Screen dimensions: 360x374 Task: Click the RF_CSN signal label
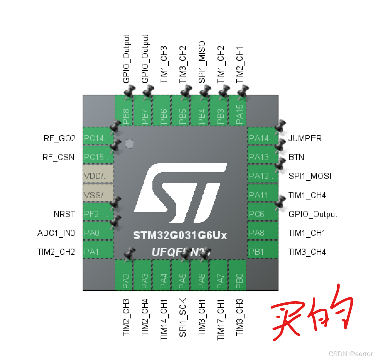tap(58, 157)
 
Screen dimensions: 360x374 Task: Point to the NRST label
tap(64, 214)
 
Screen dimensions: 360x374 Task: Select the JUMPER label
tap(305, 138)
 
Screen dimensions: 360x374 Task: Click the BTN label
tap(296, 157)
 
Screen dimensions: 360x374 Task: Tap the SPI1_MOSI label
tap(310, 176)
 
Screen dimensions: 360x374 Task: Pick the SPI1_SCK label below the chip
tap(183, 317)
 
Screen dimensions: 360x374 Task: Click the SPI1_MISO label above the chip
tap(201, 62)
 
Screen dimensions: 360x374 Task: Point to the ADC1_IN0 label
tap(56, 233)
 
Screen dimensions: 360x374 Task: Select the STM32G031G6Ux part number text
tap(180, 235)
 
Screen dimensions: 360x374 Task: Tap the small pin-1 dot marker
tap(129, 144)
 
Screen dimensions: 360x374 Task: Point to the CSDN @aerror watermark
tap(350, 354)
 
